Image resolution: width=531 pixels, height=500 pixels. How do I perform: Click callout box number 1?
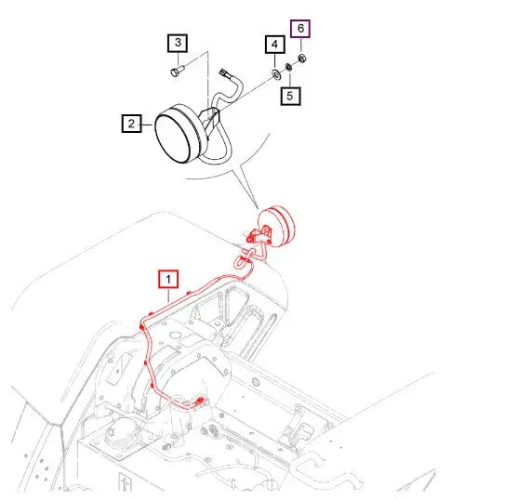click(x=168, y=279)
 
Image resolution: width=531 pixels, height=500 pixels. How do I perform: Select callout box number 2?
click(x=131, y=124)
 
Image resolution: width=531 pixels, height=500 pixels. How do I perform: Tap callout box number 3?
click(x=178, y=43)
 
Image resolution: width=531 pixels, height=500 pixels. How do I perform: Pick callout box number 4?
click(x=274, y=45)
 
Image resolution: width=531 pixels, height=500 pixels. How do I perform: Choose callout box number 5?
click(x=290, y=96)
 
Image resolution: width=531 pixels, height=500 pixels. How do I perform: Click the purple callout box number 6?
click(x=300, y=29)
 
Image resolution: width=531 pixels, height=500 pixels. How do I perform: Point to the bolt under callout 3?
click(x=177, y=71)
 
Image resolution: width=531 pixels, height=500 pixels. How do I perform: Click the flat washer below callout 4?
click(x=275, y=72)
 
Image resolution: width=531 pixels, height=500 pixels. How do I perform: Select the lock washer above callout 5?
click(x=289, y=67)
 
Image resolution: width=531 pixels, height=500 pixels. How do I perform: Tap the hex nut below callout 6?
click(x=302, y=59)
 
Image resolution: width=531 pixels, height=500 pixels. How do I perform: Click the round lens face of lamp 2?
click(x=172, y=138)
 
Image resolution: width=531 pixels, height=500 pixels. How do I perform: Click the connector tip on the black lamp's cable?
click(x=224, y=72)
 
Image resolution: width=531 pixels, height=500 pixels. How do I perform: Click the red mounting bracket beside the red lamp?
click(x=259, y=235)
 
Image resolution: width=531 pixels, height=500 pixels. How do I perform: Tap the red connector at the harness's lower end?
click(x=200, y=401)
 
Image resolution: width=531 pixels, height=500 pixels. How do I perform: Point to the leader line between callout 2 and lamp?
click(x=147, y=125)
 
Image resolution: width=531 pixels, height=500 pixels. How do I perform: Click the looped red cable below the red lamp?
click(x=245, y=260)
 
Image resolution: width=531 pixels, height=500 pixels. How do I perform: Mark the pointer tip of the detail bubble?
click(x=258, y=208)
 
